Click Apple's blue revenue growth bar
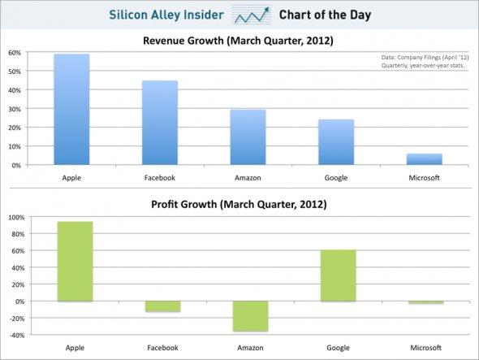click(x=71, y=110)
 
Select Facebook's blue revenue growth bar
click(x=160, y=123)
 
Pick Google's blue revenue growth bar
click(x=336, y=142)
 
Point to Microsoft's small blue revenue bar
click(x=425, y=159)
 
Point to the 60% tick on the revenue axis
click(x=14, y=53)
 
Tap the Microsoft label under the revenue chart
click(x=425, y=177)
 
